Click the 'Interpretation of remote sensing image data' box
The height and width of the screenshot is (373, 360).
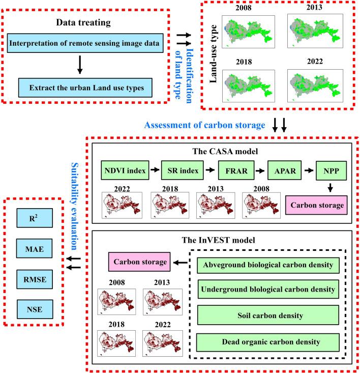[85, 43]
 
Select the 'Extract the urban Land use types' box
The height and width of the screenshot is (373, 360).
[85, 88]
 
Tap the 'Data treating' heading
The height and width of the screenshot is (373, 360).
[83, 22]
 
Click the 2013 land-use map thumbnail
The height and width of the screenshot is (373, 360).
[315, 31]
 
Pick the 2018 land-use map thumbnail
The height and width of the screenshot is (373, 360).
[249, 86]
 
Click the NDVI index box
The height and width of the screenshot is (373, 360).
[125, 170]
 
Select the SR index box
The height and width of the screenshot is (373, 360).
[183, 170]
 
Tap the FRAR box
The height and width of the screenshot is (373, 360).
[236, 170]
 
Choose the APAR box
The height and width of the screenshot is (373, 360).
[285, 170]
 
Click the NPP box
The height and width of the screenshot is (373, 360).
[331, 170]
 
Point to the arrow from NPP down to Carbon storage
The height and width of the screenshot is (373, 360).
[330, 188]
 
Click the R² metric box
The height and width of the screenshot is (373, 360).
[35, 218]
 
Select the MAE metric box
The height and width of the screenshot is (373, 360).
[35, 249]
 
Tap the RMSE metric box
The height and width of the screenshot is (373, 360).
[35, 279]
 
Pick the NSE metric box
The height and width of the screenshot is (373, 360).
[35, 309]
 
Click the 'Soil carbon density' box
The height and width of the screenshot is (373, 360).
[268, 315]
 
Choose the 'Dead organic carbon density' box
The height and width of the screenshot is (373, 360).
[268, 342]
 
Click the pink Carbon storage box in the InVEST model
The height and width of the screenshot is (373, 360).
[139, 262]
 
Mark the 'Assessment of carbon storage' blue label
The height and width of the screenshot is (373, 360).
[204, 125]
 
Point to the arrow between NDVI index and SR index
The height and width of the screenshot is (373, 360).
[155, 169]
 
